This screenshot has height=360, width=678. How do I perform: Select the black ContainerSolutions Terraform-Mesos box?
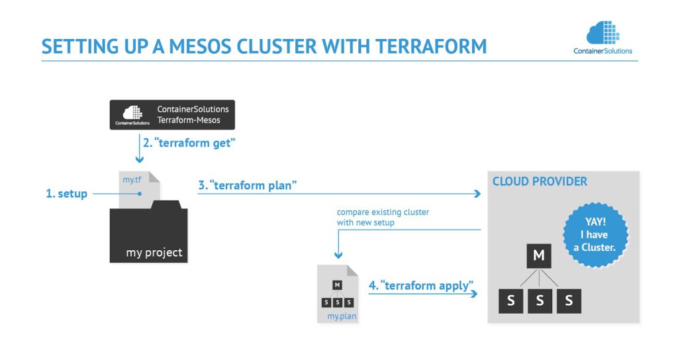tap(172, 114)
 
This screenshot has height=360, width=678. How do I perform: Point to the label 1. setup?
tap(66, 194)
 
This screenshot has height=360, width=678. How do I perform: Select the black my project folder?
tap(148, 236)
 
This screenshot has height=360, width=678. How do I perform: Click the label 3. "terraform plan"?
tap(247, 186)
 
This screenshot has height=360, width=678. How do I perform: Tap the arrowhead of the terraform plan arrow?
tap(477, 194)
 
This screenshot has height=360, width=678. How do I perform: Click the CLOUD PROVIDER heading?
tap(540, 181)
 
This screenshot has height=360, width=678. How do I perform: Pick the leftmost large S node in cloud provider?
tap(510, 301)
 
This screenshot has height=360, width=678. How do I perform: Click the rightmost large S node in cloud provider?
tap(568, 301)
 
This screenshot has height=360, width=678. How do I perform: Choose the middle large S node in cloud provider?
tap(540, 301)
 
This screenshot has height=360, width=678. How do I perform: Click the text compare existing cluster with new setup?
tap(373, 218)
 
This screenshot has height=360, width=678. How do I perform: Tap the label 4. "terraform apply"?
tap(421, 286)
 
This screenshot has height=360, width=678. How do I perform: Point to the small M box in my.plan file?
tap(338, 285)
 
